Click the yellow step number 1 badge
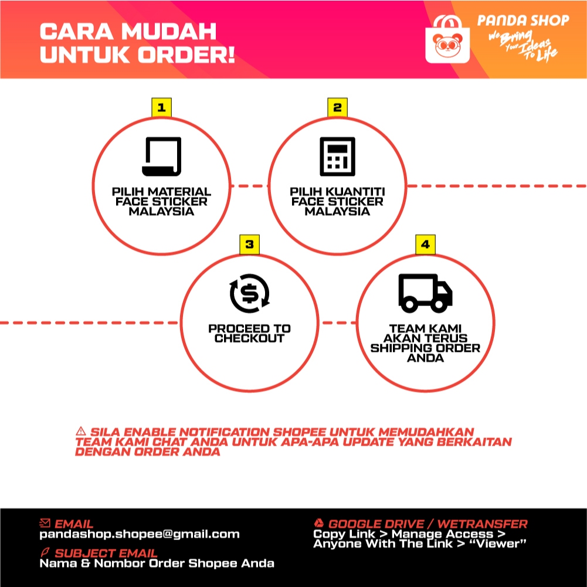click(161, 108)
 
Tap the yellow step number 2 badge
click(337, 108)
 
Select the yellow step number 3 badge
click(249, 245)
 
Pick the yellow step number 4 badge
click(425, 245)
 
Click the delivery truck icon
click(425, 293)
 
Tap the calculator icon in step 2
click(337, 156)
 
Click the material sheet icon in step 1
click(161, 156)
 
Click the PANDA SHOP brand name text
click(523, 21)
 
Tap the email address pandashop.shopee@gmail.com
click(140, 534)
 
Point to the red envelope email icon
click(45, 523)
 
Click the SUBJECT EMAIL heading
click(106, 553)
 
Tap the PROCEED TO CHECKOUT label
click(249, 333)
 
